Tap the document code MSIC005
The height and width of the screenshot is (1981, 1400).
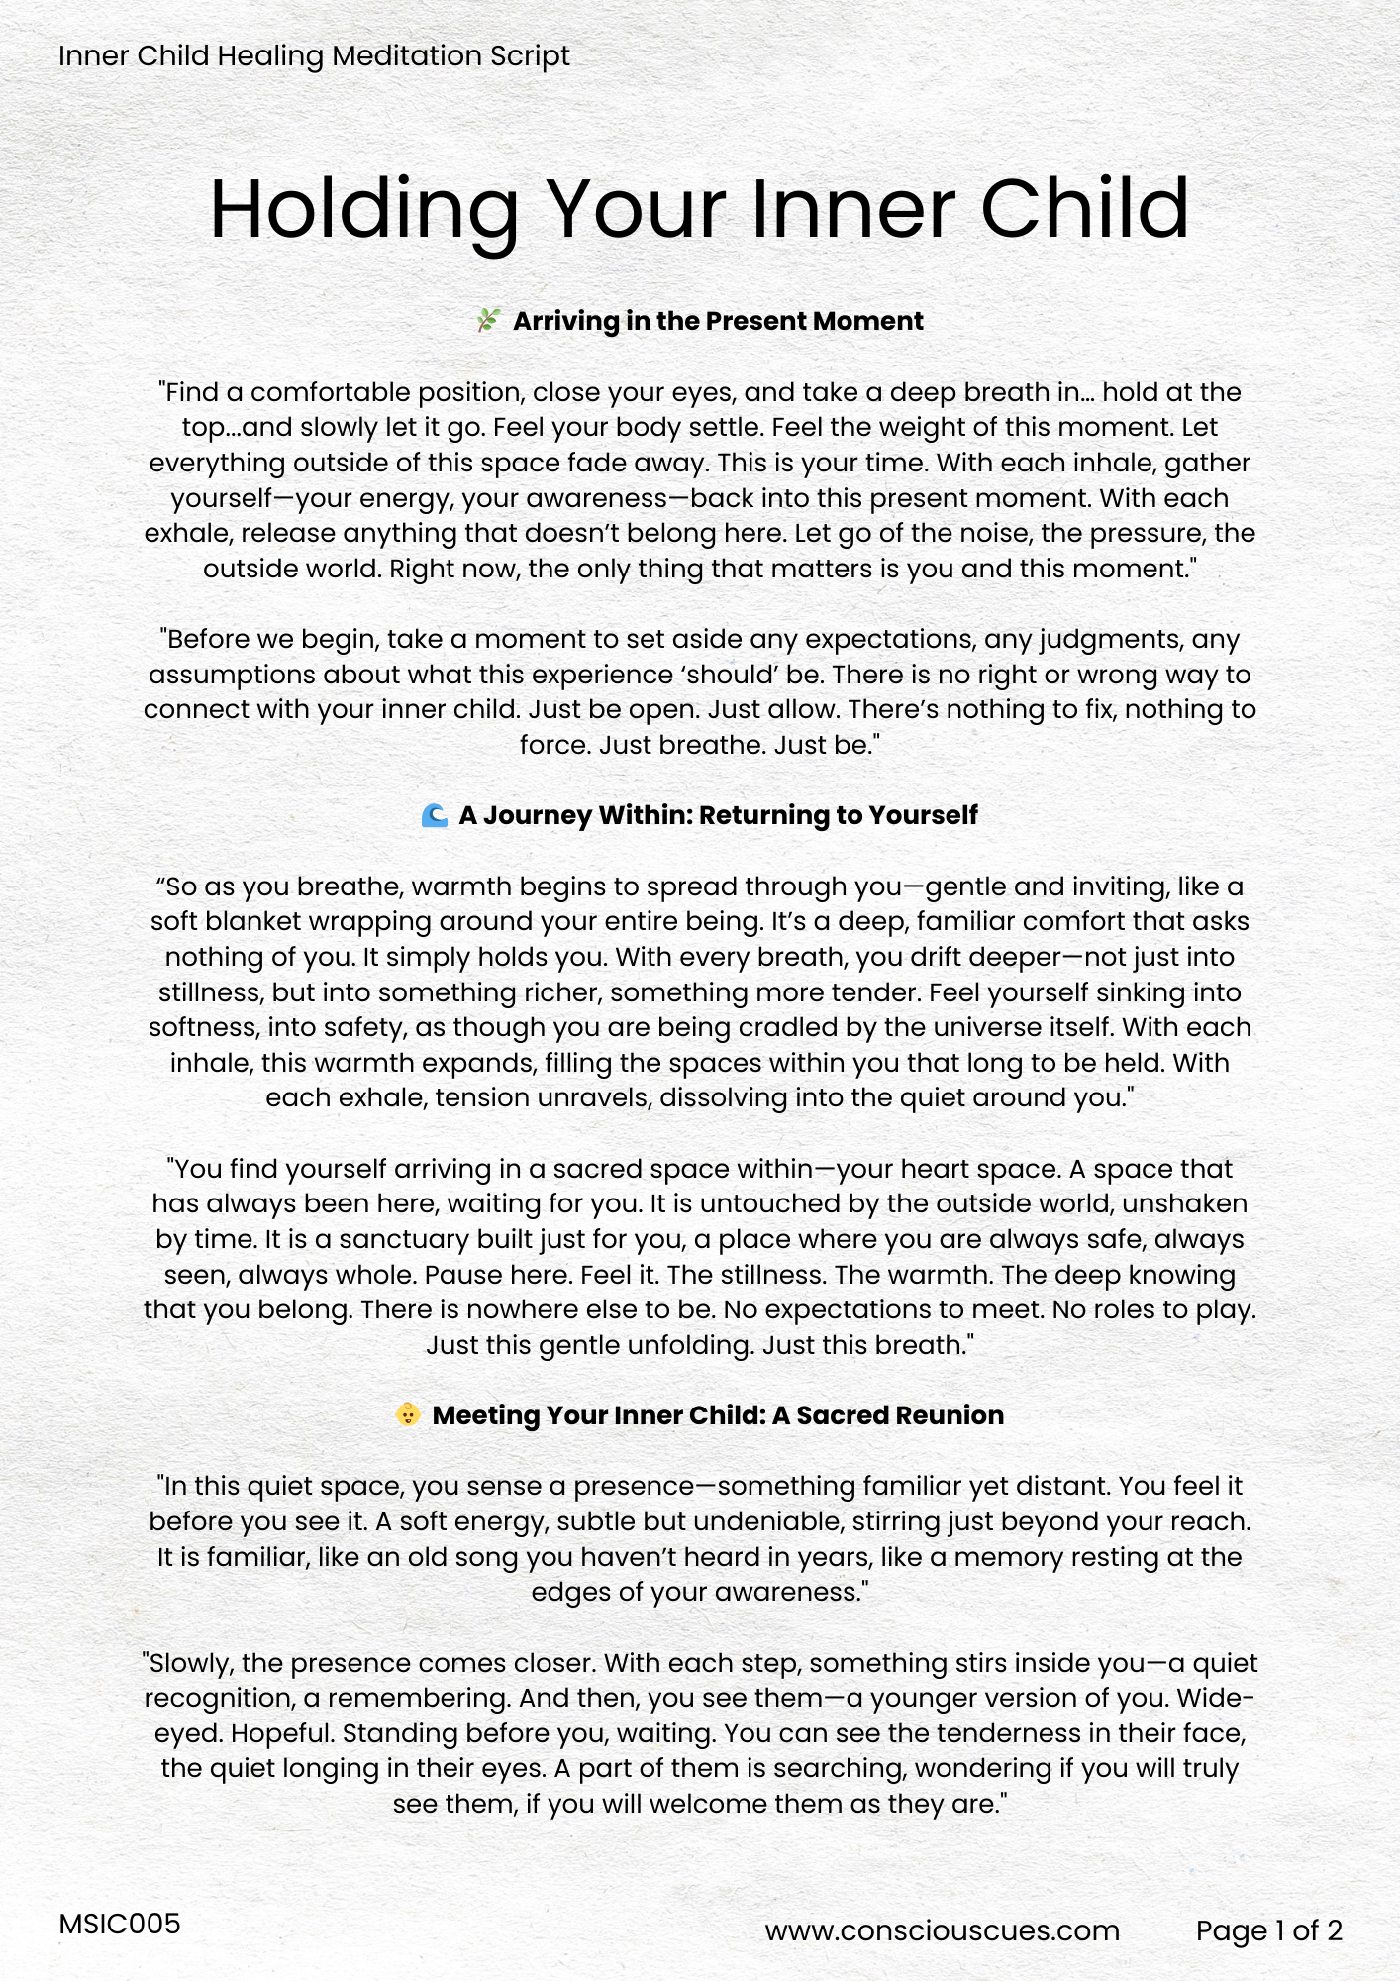point(120,1924)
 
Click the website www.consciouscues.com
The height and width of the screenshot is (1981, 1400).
point(942,1930)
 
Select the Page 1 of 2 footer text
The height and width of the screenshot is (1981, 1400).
point(1268,1930)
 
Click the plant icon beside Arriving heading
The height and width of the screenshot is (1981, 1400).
point(488,321)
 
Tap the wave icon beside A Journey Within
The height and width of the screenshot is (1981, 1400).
point(434,815)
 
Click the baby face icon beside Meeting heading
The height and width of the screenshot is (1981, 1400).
point(408,1414)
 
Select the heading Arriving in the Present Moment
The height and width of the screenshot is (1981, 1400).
point(718,321)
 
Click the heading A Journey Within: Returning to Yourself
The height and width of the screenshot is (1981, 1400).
point(718,815)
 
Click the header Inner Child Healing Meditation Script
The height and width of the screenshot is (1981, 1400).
point(314,55)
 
